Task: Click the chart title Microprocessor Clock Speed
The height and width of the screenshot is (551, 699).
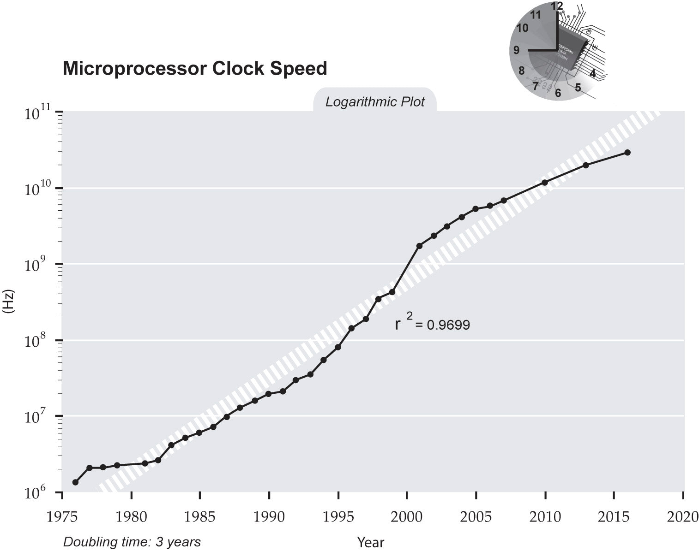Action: pos(194,68)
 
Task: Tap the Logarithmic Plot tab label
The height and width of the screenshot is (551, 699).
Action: pos(374,101)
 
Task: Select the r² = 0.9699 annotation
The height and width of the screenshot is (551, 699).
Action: pos(432,324)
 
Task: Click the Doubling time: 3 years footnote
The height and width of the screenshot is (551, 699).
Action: pos(132,541)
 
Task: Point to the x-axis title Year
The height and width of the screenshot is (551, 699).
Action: pos(370,542)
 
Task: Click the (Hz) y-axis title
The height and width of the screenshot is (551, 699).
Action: pos(9,302)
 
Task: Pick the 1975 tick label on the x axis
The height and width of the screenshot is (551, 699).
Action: pos(63,516)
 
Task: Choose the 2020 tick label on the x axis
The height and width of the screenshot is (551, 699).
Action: pos(683,516)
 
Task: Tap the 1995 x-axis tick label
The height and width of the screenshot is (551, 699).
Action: pos(338,516)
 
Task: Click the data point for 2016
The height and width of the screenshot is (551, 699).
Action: pos(627,153)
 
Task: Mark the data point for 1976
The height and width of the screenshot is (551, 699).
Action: pos(75,482)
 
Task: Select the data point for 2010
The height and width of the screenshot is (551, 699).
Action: pos(545,183)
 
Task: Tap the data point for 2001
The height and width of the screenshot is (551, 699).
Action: pos(419,246)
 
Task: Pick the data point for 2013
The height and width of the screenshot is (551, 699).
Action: pos(586,165)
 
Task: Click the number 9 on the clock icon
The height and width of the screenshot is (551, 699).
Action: pos(517,50)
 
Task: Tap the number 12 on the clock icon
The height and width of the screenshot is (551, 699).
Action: pos(557,6)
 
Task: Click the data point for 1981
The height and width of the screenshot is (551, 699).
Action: pos(145,463)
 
